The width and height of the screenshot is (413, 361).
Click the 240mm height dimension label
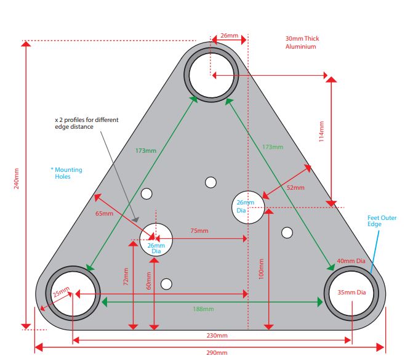pyautogui.click(x=17, y=179)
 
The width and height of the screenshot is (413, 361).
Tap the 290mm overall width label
pyautogui.click(x=216, y=352)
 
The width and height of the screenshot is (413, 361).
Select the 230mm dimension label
pyautogui.click(x=216, y=336)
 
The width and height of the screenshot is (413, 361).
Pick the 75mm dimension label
pyautogui.click(x=198, y=231)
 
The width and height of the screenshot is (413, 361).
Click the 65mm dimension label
pyautogui.click(x=105, y=214)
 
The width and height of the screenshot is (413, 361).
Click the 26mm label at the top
pyautogui.click(x=229, y=36)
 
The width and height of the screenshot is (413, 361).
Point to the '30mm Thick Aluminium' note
pyautogui.click(x=302, y=43)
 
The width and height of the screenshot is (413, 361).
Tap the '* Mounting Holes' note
pyautogui.click(x=68, y=173)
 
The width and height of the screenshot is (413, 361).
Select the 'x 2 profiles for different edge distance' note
pyautogui.click(x=82, y=123)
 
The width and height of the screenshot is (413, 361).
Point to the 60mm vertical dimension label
pyautogui.click(x=148, y=280)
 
